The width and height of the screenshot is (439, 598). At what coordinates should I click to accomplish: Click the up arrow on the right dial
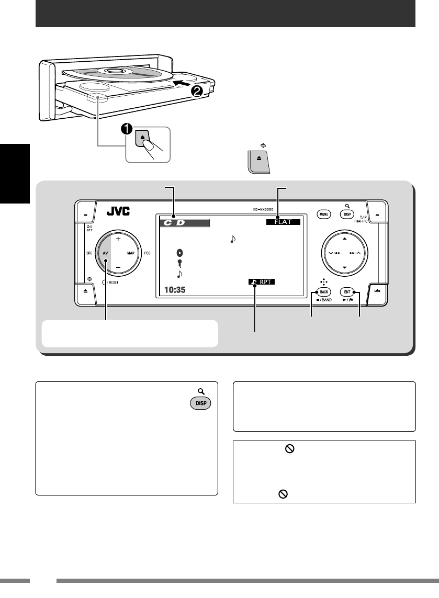[344, 238]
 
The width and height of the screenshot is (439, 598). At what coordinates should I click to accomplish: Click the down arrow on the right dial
[344, 267]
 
